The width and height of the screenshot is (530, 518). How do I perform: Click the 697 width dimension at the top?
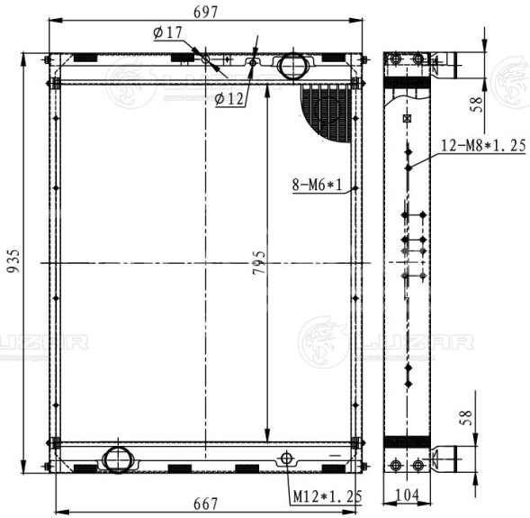tap(205, 13)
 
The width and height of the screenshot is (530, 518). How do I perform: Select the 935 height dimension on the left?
tap(13, 261)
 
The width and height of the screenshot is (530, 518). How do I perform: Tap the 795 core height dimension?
tap(259, 262)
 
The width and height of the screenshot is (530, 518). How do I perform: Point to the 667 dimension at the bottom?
tap(205, 504)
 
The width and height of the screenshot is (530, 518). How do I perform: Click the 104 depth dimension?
tap(407, 495)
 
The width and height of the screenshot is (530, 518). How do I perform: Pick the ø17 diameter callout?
tap(167, 32)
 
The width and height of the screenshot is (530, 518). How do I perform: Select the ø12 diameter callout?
tap(229, 99)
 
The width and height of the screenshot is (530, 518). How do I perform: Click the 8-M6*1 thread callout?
tap(317, 185)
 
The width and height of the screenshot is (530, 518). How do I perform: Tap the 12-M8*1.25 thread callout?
tap(483, 145)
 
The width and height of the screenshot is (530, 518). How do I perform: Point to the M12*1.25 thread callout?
tap(328, 496)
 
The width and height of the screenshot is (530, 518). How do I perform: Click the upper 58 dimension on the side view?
tap(477, 105)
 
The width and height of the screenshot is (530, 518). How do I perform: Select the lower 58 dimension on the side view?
tap(466, 417)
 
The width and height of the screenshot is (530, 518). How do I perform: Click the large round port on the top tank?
tap(293, 66)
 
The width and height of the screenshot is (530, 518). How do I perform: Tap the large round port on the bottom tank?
tap(118, 459)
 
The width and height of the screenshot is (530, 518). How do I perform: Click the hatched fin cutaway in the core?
tap(325, 113)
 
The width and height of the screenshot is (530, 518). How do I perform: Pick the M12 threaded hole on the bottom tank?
tap(286, 459)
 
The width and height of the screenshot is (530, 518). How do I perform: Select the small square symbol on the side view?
tap(407, 118)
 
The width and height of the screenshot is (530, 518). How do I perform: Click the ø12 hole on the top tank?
tap(253, 62)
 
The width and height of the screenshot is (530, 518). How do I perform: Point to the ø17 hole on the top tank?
tap(205, 59)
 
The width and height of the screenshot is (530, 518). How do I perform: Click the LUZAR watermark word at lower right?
tap(418, 342)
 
